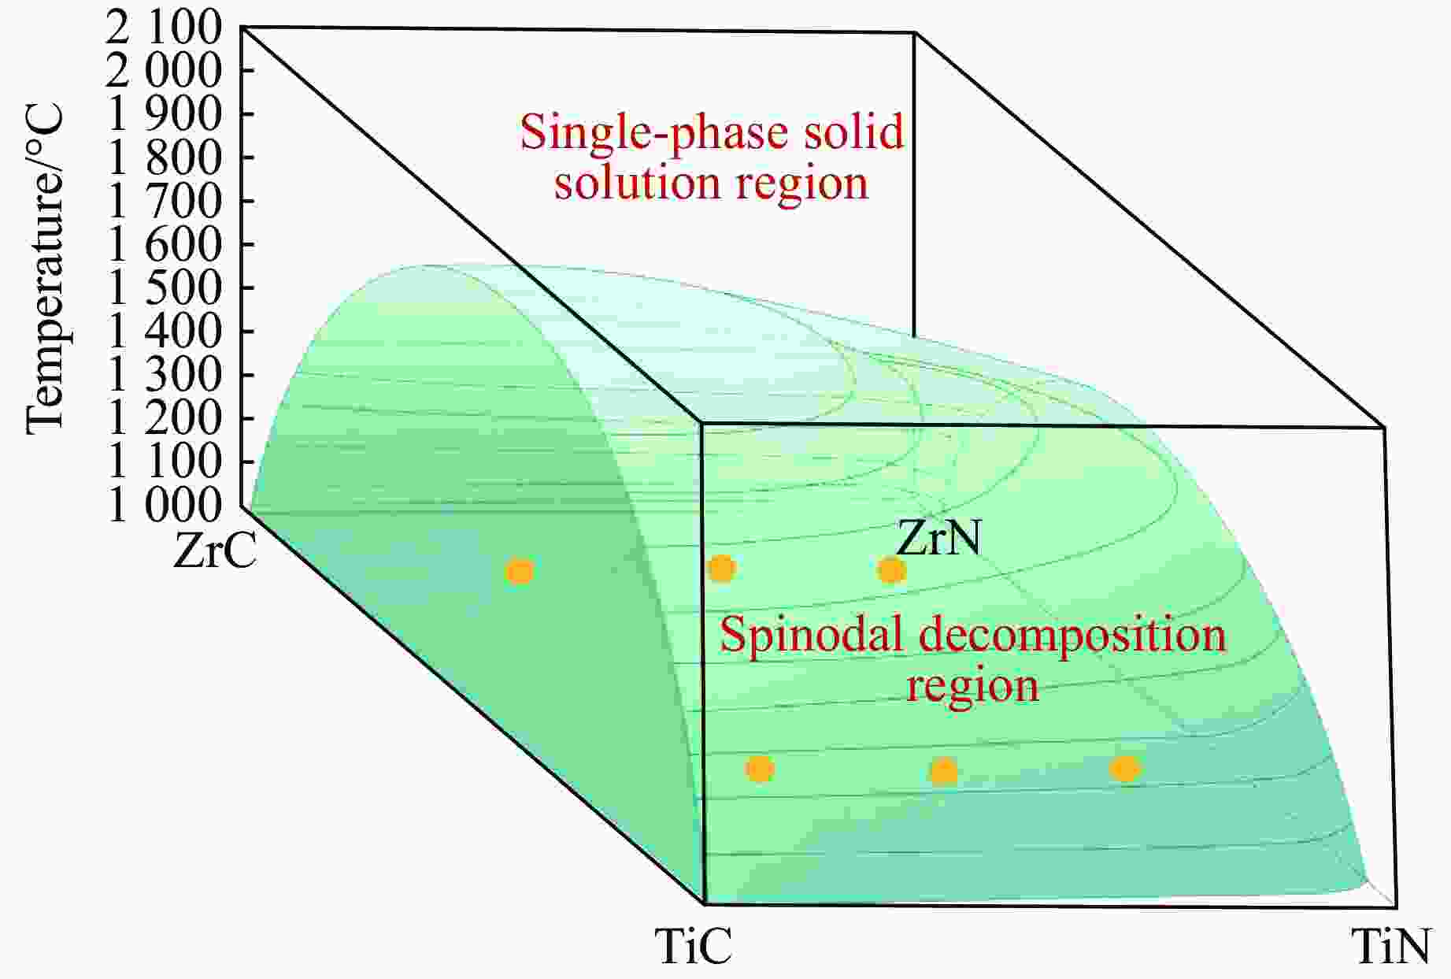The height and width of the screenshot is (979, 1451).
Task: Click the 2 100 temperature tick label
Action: click(x=163, y=30)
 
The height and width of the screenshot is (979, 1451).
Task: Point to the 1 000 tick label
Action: click(x=163, y=506)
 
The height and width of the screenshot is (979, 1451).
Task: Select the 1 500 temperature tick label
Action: click(x=163, y=289)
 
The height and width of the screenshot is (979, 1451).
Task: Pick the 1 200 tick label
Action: click(x=163, y=419)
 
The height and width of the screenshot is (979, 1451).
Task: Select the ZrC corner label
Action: click(x=215, y=551)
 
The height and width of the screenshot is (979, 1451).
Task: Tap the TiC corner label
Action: click(x=694, y=945)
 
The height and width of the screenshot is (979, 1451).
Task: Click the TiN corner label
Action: click(x=1390, y=945)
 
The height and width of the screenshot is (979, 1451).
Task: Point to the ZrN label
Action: click(x=939, y=539)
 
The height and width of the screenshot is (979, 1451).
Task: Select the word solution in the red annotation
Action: click(x=636, y=182)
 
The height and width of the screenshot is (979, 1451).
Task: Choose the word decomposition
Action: click(x=1074, y=636)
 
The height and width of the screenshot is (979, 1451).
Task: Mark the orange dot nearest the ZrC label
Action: click(x=519, y=571)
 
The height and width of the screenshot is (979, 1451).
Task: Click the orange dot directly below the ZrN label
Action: click(x=891, y=569)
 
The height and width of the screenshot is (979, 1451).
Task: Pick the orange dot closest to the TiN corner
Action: click(x=1125, y=768)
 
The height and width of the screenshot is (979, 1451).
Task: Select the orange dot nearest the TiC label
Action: click(x=760, y=768)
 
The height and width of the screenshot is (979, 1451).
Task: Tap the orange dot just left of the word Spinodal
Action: click(x=722, y=568)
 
